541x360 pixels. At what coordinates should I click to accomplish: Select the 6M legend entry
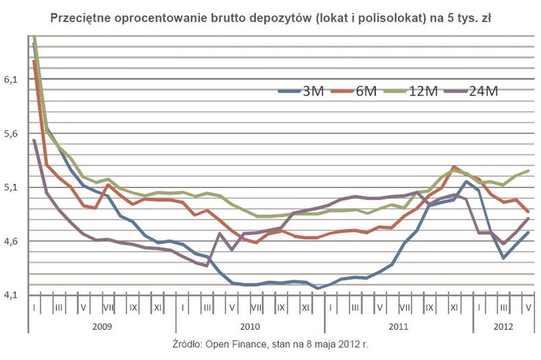356,91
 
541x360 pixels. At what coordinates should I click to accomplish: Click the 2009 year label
102,326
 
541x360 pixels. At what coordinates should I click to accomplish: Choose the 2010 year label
250,326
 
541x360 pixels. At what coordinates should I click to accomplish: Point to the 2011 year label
399,326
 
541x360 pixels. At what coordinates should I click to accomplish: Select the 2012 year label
503,326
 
